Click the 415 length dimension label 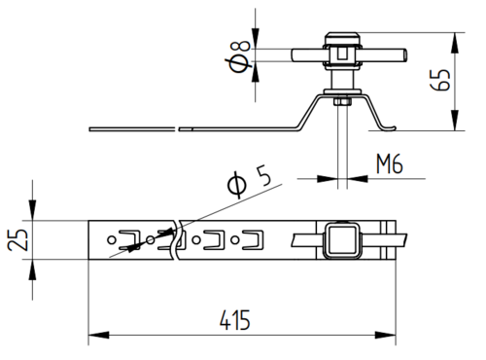tap(235, 320)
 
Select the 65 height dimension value tap(439, 80)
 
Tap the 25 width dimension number tap(17, 239)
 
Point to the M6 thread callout tap(390, 163)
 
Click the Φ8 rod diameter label tap(240, 56)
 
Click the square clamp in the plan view tap(341, 240)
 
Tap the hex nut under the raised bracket tap(342, 101)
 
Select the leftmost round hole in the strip tap(111, 240)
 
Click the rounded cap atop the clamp tap(342, 35)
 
